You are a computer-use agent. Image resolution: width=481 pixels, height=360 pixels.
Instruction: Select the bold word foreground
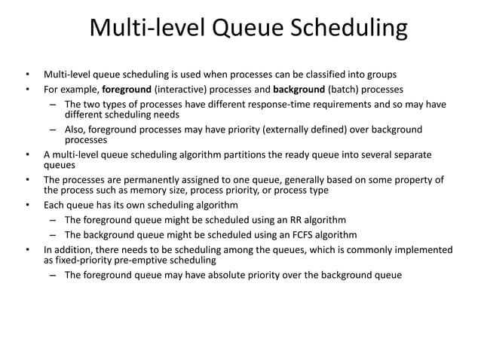(127, 89)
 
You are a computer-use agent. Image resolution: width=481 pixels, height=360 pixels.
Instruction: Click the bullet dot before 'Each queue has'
(27, 205)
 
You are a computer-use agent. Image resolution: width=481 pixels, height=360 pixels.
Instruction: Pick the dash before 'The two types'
(54, 104)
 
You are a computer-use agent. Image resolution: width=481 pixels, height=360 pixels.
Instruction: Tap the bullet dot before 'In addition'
(27, 250)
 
